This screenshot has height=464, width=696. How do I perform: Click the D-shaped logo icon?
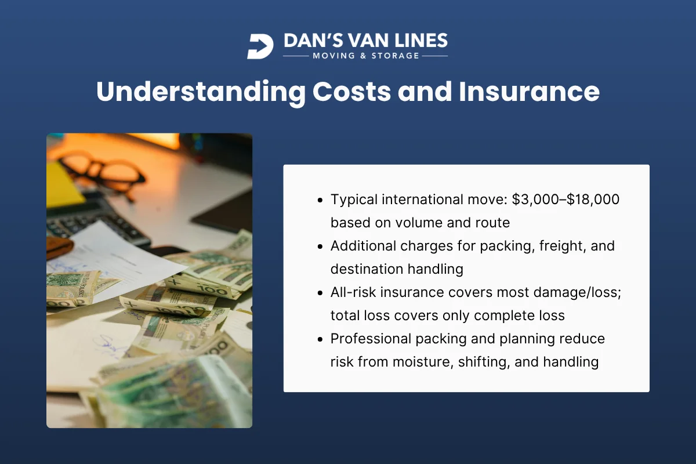(260, 46)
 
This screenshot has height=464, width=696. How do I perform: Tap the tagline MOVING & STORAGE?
(365, 56)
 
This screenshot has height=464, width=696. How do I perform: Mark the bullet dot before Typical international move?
(321, 200)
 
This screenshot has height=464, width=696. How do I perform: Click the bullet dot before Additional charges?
(321, 246)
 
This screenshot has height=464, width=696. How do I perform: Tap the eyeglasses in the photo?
(104, 172)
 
